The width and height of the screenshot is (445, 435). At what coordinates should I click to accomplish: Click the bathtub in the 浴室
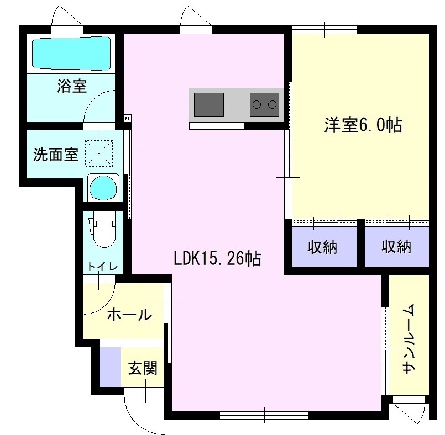pos(71,54)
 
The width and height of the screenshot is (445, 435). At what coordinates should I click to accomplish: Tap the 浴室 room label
pos(72,86)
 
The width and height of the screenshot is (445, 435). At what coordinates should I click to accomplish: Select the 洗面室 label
pos(56,155)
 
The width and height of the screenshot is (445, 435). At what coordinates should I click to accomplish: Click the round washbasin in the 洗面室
pos(103,187)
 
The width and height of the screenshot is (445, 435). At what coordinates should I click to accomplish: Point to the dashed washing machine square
pos(99,153)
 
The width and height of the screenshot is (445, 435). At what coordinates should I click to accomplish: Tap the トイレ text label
pos(102,267)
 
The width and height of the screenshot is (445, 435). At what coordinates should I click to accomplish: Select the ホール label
pos(129,315)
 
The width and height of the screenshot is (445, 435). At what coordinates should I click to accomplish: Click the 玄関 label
pos(143,368)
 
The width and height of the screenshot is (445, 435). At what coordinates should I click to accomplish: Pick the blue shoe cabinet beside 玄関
pos(110,367)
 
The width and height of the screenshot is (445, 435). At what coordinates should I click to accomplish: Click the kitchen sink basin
pos(208,105)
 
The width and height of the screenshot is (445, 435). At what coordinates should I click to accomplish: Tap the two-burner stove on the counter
pos(264,104)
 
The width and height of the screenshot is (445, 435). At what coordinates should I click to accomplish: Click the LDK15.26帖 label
pos(217,258)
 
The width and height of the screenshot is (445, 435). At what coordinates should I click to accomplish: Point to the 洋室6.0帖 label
pos(363,125)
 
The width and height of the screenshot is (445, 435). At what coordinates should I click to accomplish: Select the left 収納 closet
pos(324,246)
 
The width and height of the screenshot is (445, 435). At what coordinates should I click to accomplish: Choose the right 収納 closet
pos(396,246)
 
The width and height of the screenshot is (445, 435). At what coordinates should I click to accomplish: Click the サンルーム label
pos(409,338)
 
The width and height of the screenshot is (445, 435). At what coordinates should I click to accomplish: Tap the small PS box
pos(128,119)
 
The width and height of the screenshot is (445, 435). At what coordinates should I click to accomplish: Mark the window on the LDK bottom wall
pos(264,416)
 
